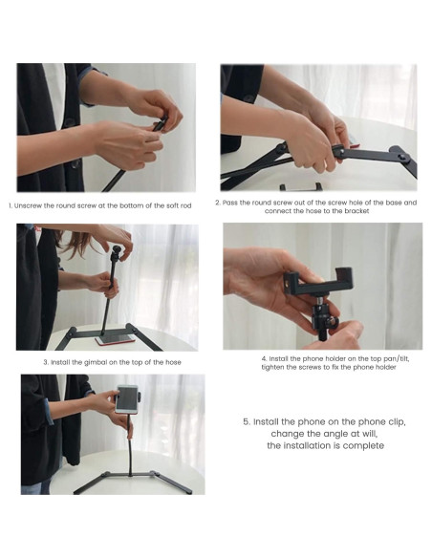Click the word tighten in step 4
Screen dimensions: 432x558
click(273, 367)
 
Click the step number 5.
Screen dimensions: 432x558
click(247, 422)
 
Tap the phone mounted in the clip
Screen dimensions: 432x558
click(127, 398)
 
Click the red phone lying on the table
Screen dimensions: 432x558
click(115, 339)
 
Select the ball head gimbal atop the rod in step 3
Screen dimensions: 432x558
click(117, 252)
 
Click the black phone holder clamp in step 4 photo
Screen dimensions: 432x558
click(318, 281)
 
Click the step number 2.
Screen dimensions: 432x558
click(218, 203)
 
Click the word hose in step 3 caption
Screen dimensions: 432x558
click(173, 362)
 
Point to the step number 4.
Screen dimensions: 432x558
click(264, 358)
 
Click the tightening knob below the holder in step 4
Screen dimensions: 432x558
click(332, 323)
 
